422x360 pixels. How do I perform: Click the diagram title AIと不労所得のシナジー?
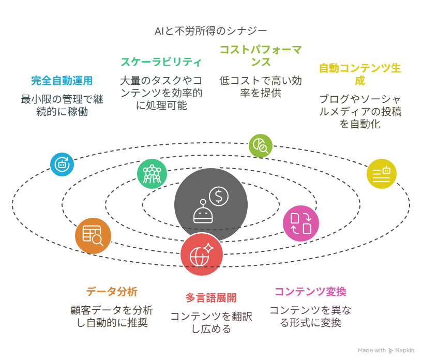pyautogui.click(x=210, y=31)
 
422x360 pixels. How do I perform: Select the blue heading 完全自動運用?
pyautogui.click(x=62, y=81)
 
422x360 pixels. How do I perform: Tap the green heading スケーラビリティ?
pyautogui.click(x=161, y=62)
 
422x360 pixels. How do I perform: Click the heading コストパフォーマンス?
pyautogui.click(x=261, y=56)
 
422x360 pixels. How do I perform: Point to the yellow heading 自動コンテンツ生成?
pyautogui.click(x=360, y=74)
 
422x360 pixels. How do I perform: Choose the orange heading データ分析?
pyautogui.click(x=112, y=292)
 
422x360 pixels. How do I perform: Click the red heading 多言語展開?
pyautogui.click(x=211, y=298)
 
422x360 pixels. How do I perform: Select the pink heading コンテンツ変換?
pyautogui.click(x=310, y=292)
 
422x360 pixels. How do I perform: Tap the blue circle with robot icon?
pyautogui.click(x=62, y=164)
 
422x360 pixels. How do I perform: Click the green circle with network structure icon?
pyautogui.click(x=152, y=174)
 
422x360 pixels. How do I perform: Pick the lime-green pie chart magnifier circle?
pyautogui.click(x=261, y=146)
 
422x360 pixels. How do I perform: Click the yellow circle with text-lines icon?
pyautogui.click(x=382, y=174)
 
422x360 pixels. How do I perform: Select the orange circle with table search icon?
pyautogui.click(x=93, y=236)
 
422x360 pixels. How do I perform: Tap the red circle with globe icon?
pyautogui.click(x=202, y=254)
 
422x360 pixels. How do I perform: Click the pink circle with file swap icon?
pyautogui.click(x=301, y=223)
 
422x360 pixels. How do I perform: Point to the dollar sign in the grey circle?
pyautogui.click(x=219, y=196)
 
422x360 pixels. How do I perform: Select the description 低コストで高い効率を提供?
pyautogui.click(x=261, y=87)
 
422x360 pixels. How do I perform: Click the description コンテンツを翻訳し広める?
pyautogui.click(x=211, y=323)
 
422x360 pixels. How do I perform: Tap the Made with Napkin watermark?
pyautogui.click(x=386, y=350)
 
